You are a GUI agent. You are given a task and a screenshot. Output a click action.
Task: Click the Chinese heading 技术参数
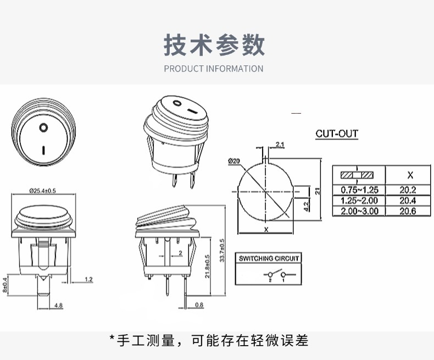point(214,45)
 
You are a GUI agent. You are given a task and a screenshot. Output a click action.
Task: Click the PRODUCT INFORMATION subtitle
point(214,69)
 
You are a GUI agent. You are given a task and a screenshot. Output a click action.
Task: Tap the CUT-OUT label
point(337,134)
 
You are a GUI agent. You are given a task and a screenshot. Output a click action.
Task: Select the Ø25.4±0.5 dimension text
point(43,191)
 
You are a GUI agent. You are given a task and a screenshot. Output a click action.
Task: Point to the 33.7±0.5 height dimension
point(222,250)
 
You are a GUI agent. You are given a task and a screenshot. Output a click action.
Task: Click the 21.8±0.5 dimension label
point(208,267)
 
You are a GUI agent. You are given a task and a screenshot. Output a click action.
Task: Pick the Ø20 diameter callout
point(234,161)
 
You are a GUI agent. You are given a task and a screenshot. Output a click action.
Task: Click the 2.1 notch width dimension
point(280,145)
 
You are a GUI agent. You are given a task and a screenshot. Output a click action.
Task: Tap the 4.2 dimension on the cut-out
point(306,207)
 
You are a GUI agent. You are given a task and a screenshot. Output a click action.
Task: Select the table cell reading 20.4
point(408,201)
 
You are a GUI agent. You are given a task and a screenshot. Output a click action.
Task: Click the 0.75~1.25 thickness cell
point(359,190)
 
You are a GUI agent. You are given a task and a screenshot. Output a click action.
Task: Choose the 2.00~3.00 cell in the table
point(359,211)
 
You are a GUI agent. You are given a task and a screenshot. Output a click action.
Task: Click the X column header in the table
point(410,175)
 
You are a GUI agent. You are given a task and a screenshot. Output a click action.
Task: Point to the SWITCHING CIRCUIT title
point(269,258)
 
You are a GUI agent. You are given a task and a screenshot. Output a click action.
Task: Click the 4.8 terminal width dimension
point(58,306)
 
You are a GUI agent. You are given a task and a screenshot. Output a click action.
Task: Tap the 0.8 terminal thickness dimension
point(199,305)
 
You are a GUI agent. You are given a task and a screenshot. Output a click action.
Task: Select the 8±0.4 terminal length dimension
point(5,285)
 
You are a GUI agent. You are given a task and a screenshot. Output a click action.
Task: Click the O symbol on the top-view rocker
point(43,128)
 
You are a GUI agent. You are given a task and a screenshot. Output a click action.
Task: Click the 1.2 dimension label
point(88,279)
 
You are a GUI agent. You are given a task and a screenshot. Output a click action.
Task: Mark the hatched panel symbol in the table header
point(357,175)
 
